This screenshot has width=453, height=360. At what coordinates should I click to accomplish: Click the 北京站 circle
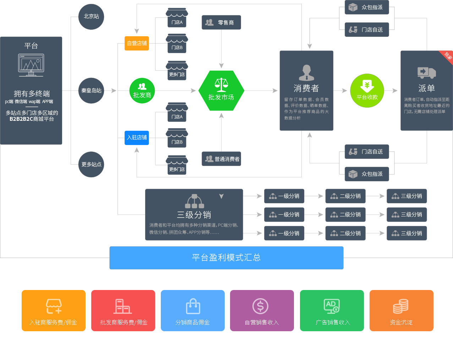91,17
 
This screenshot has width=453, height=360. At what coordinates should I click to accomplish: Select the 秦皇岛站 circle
91,91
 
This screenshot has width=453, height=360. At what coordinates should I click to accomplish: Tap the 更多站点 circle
91,165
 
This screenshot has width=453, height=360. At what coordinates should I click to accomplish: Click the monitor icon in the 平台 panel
31,65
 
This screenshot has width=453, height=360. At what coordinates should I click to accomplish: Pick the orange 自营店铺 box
137,43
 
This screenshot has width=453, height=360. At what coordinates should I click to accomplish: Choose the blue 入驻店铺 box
137,138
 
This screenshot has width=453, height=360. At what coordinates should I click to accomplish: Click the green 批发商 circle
142,91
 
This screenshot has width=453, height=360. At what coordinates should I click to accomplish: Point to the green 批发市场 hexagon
221,91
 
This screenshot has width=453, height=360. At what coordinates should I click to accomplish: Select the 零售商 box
221,22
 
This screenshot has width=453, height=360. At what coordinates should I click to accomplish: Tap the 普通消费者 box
222,159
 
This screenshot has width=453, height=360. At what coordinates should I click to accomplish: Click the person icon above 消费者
306,73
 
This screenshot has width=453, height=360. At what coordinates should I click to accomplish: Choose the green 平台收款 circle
367,91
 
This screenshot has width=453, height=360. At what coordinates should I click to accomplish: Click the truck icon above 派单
426,72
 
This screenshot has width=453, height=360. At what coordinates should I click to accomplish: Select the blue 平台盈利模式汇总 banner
226,258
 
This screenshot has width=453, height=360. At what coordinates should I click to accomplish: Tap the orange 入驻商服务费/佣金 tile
54,310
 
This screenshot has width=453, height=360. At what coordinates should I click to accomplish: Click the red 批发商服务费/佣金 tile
123,310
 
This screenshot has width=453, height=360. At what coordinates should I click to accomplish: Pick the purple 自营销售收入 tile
262,310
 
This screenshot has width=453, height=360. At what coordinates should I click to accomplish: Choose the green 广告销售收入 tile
332,310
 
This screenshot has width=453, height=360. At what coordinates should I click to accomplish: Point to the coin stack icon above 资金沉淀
401,306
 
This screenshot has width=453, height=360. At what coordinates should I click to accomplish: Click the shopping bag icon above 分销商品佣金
193,306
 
